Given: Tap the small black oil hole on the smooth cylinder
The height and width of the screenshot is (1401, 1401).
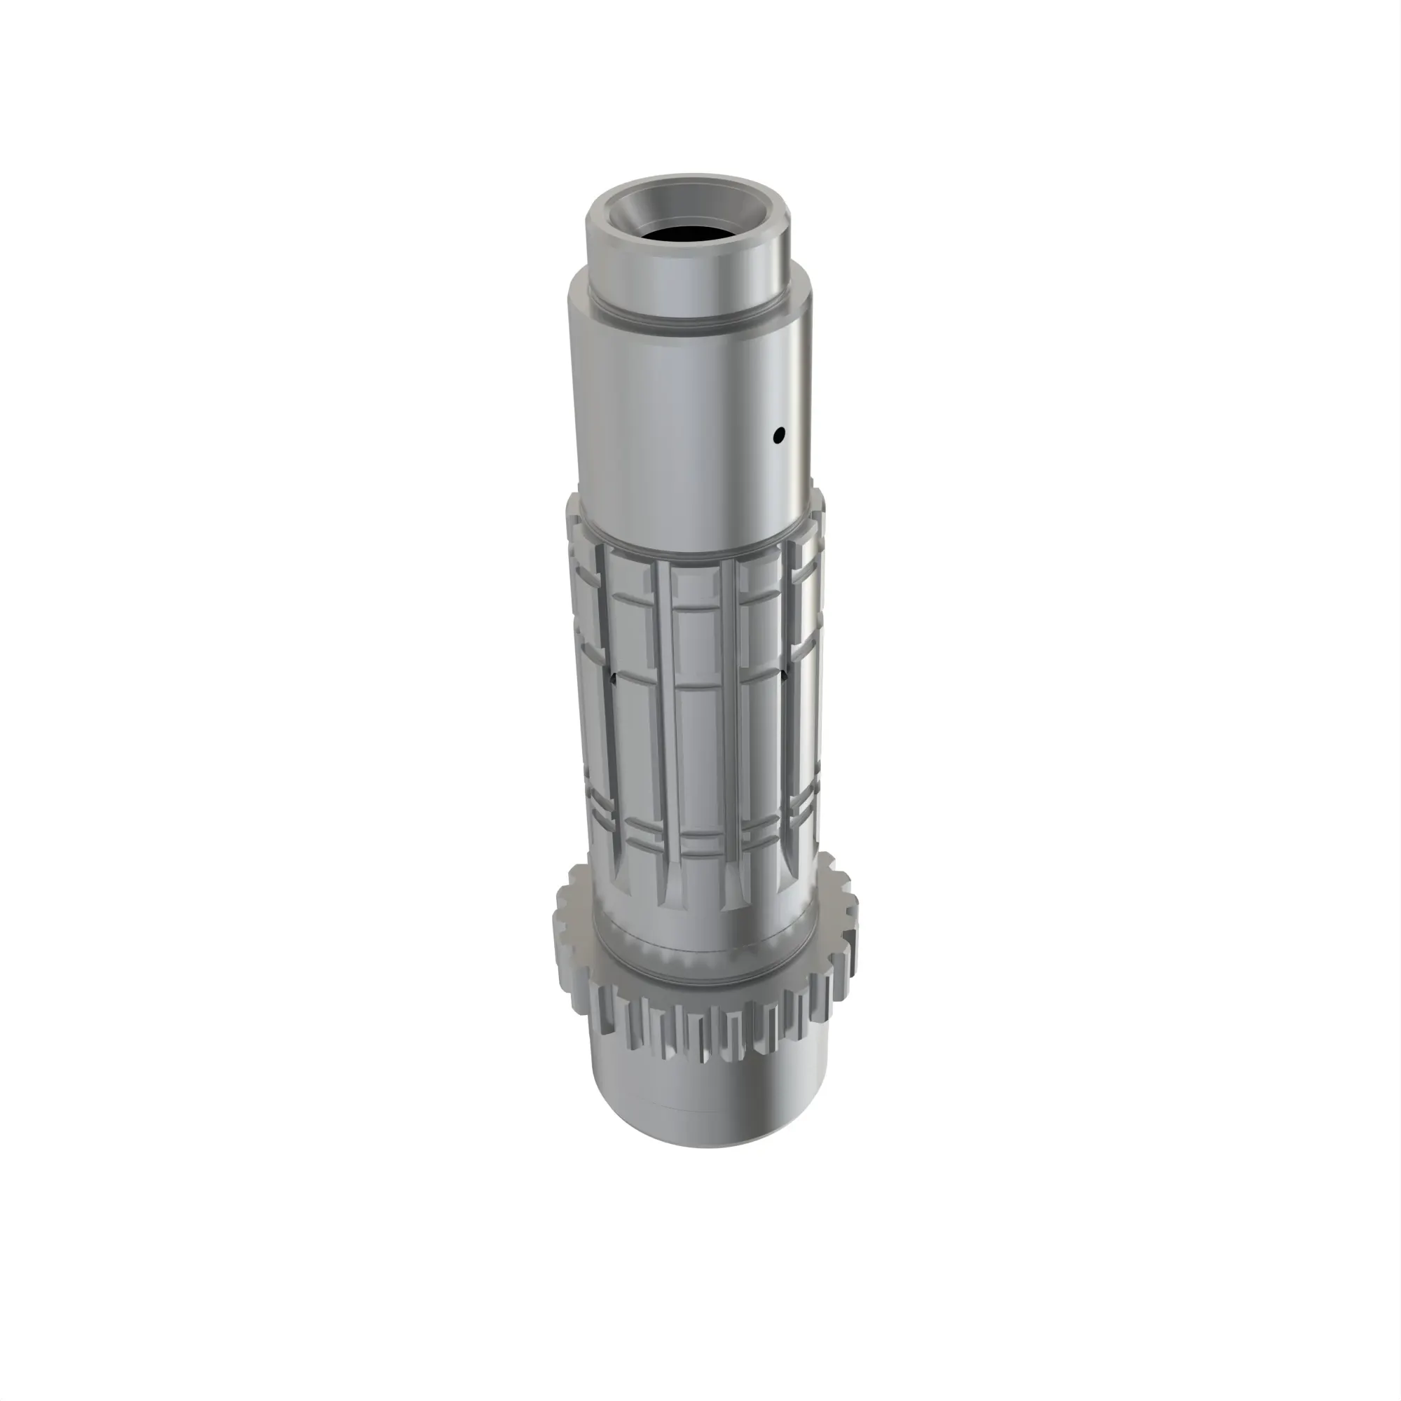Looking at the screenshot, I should pyautogui.click(x=779, y=435).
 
